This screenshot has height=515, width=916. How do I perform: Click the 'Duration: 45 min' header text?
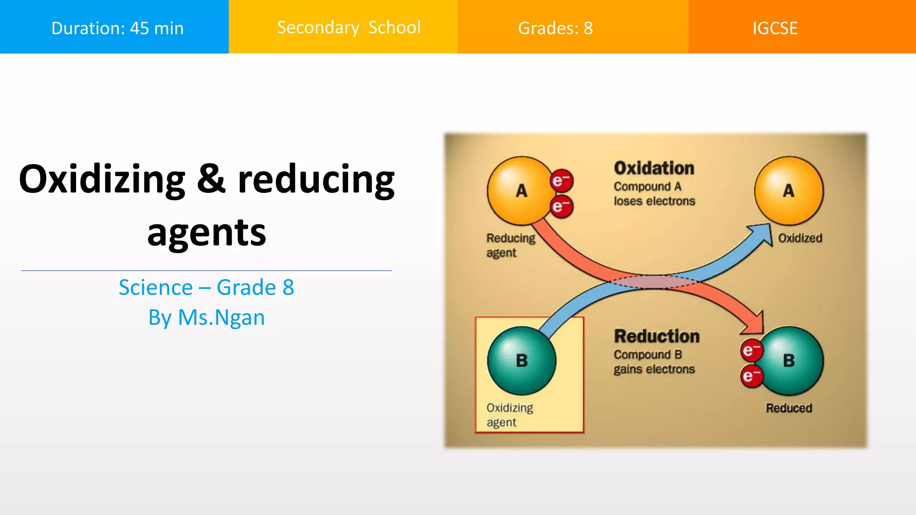(117, 28)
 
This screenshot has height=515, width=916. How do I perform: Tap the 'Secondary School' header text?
(349, 28)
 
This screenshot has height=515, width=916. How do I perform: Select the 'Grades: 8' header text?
(555, 28)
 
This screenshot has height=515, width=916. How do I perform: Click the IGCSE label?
(775, 28)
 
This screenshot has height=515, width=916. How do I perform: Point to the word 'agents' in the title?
(207, 232)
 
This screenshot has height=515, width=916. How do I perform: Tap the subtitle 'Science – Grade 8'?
(206, 287)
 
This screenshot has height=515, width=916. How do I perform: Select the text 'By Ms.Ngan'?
(206, 317)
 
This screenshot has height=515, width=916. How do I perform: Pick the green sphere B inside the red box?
(522, 360)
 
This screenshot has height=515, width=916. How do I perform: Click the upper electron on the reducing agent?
(561, 181)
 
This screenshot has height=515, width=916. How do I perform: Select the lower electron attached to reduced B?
(751, 376)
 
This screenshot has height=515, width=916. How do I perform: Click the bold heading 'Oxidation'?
(654, 168)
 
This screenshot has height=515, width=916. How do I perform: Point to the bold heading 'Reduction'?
(656, 336)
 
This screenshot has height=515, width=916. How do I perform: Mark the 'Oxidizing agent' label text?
(509, 415)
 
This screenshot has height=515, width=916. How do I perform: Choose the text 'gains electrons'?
(654, 369)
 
